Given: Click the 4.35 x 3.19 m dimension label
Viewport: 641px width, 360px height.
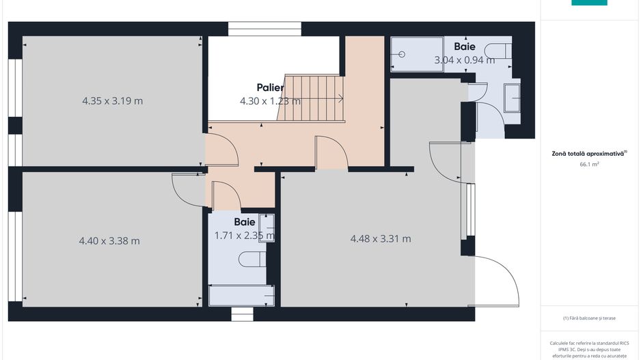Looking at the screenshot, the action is (x=113, y=100).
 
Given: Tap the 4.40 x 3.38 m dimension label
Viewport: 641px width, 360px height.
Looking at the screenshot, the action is (x=109, y=240).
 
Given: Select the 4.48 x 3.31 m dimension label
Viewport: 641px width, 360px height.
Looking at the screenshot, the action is (x=381, y=238).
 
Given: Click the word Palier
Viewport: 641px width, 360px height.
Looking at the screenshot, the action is (x=270, y=87).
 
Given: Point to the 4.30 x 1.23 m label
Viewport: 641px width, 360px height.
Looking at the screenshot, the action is (x=270, y=101).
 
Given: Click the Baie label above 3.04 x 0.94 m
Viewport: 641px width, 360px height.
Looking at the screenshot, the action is (x=465, y=46).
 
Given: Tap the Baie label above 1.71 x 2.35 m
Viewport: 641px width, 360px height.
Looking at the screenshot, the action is (x=245, y=222).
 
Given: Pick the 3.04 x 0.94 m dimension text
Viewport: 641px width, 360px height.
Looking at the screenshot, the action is (x=465, y=60).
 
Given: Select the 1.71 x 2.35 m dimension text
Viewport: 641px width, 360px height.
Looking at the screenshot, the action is (x=245, y=236).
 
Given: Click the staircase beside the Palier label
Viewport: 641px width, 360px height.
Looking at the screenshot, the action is (x=311, y=98).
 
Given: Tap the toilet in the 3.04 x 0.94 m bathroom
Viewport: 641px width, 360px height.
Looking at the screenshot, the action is (x=500, y=51).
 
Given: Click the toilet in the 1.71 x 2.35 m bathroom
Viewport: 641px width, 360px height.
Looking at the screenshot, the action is (x=252, y=259).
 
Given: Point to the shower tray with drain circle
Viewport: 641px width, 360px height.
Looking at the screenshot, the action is (x=417, y=55).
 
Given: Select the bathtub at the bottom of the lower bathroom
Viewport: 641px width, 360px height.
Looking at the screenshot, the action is (x=241, y=295).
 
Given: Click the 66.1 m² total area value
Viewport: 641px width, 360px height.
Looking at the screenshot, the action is (x=589, y=164).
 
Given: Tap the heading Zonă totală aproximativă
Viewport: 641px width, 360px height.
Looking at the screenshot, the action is (x=588, y=154).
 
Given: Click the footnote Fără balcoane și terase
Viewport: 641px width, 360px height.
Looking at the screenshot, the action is (x=589, y=318).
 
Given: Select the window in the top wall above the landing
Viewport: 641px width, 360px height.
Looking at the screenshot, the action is (x=264, y=29).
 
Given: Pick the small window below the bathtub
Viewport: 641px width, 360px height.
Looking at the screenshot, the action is (x=242, y=314).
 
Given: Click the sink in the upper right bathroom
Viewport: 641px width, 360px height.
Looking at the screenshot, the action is (x=512, y=98).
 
